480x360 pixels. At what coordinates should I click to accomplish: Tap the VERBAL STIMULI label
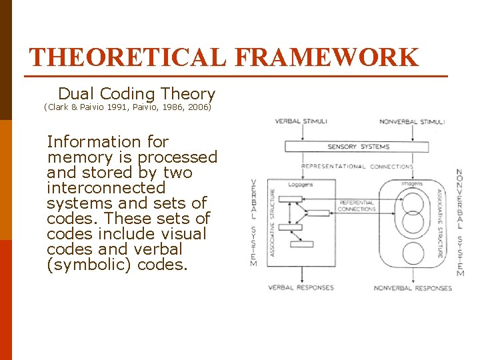(301, 121)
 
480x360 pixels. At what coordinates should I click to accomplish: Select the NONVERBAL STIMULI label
(411, 122)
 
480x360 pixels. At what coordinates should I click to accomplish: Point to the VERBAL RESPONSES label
(301, 288)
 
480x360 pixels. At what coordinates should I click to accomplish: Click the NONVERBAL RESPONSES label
(413, 288)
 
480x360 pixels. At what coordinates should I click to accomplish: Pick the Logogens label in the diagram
(300, 185)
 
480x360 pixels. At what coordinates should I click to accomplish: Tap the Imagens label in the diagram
(413, 183)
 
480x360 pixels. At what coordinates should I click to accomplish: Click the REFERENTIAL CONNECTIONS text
(356, 206)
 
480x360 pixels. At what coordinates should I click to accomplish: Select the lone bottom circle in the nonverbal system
(413, 254)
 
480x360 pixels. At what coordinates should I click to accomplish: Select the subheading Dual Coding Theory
(137, 94)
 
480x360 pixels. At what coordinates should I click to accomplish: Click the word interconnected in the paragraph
(106, 187)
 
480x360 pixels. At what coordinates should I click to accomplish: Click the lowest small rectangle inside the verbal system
(301, 244)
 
